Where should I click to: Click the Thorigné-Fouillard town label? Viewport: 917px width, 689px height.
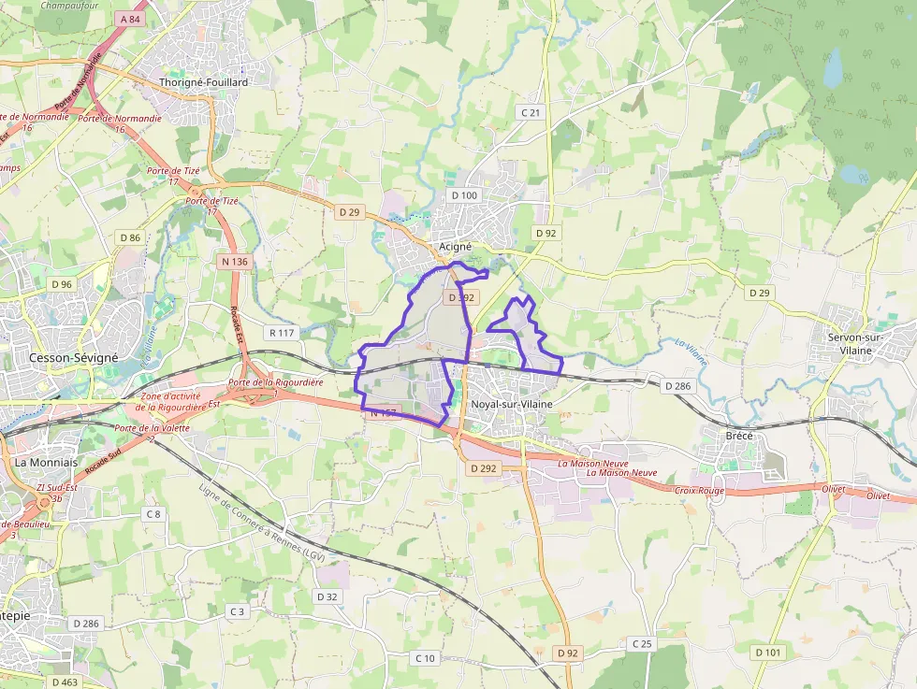coord(204,82)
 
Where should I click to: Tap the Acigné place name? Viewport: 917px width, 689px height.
coord(456,247)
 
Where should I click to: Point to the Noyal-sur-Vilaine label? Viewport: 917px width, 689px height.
coord(512,404)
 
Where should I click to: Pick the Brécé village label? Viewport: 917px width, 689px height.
coord(739,436)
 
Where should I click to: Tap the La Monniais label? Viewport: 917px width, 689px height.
coord(45,462)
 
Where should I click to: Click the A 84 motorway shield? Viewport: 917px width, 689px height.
coord(131,19)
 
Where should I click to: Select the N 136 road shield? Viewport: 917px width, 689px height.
coord(235,262)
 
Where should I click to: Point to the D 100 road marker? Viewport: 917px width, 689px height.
coord(463,195)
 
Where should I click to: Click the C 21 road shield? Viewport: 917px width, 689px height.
coord(530,112)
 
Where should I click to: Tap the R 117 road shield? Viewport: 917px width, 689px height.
coord(281,333)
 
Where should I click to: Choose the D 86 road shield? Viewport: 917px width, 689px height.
coord(130,237)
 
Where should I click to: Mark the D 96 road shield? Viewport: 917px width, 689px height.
coord(62,284)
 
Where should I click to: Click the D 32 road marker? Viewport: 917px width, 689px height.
coord(327,596)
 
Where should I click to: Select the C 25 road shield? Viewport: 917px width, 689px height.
coord(641,643)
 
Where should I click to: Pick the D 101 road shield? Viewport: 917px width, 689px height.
coord(767,652)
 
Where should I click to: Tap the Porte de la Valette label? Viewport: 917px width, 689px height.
coord(152,428)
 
